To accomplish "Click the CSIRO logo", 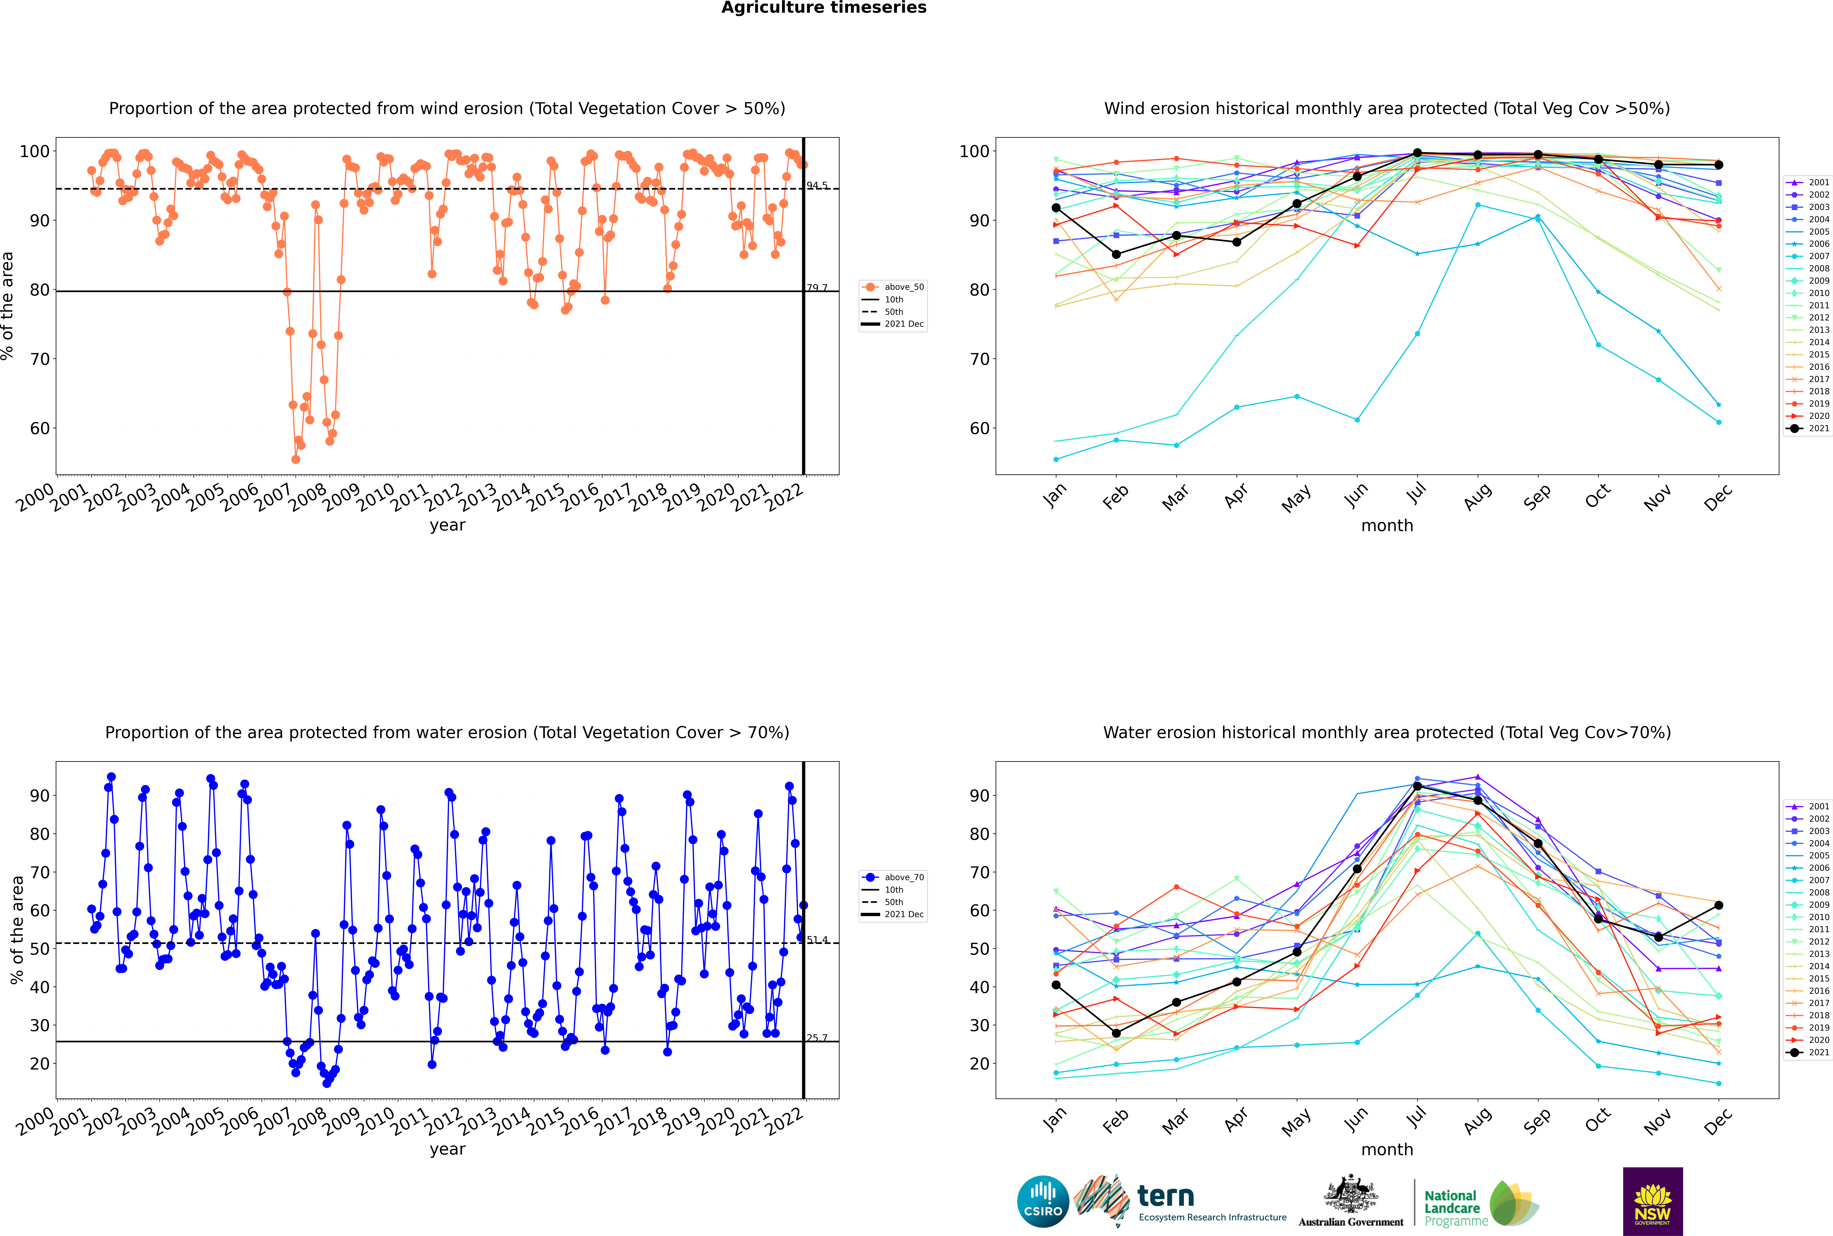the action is point(1043,1201).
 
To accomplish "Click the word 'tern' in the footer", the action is point(1166,1197).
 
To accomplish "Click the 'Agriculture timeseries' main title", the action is point(824,8).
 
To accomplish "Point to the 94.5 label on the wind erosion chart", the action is point(817,185).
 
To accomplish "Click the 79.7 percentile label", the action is point(817,288).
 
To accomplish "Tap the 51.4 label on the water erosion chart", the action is point(817,940).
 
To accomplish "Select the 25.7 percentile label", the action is point(817,1038).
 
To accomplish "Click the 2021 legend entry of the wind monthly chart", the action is point(1807,429).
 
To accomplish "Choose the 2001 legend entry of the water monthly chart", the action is point(1807,806).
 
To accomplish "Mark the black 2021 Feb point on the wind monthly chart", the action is point(1116,255).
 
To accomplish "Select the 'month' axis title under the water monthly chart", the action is point(1387,1149).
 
